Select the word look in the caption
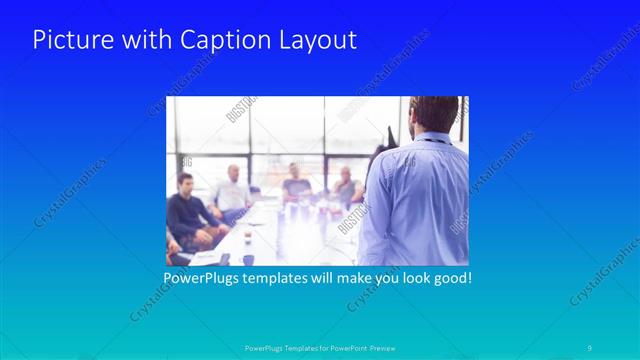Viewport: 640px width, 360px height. tap(410, 277)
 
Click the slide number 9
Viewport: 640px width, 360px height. tap(590, 348)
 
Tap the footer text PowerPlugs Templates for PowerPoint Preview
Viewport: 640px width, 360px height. tap(320, 348)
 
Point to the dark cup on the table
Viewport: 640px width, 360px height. tap(222, 258)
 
